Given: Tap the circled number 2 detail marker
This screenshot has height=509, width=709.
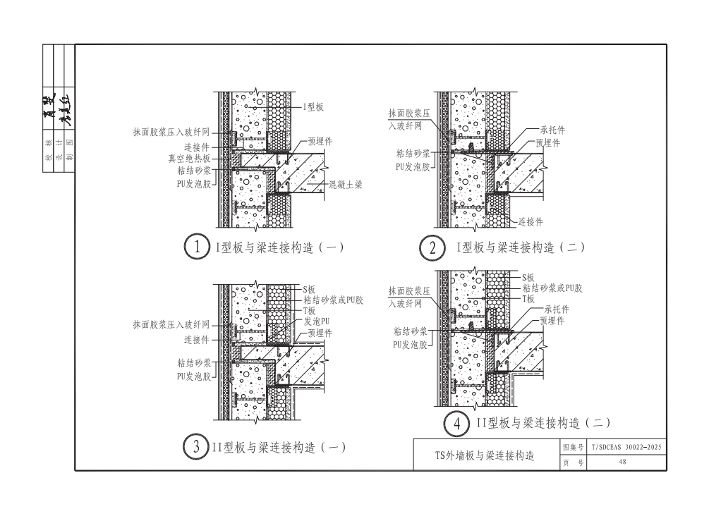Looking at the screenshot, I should (x=431, y=247).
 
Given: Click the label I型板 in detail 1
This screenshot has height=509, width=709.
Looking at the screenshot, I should (x=313, y=107).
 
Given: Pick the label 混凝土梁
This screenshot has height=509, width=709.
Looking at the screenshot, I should (x=345, y=185).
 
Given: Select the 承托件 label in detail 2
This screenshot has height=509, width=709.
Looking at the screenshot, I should (x=552, y=130).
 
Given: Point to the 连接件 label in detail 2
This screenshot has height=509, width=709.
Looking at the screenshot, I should (x=531, y=221).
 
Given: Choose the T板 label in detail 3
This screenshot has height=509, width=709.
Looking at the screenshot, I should (x=310, y=311).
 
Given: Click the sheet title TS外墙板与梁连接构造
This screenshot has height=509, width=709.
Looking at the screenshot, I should (x=484, y=455).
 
